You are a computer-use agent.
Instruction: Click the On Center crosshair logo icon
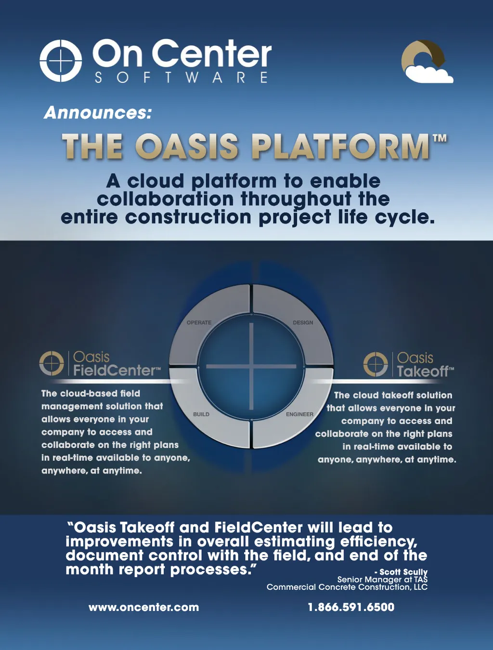[x=61, y=60]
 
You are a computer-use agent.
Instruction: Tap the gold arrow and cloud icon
[x=427, y=61]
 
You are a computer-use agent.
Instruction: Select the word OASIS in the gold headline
[x=188, y=146]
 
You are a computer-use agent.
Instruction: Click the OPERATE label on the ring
[x=199, y=322]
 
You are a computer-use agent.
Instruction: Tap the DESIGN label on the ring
[x=303, y=322]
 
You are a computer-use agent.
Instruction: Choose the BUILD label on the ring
[x=201, y=414]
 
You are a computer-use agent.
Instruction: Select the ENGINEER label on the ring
[x=299, y=414]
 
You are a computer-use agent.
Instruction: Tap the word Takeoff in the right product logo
[x=423, y=371]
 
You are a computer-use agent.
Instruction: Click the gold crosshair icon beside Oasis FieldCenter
[x=52, y=363]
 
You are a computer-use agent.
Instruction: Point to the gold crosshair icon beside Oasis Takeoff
[x=376, y=364]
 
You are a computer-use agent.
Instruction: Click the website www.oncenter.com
[x=144, y=608]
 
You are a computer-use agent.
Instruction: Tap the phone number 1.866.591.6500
[x=351, y=608]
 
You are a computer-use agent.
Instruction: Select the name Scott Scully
[x=403, y=572]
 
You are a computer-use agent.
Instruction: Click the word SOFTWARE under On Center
[x=181, y=78]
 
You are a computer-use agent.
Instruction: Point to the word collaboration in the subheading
[x=165, y=199]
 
